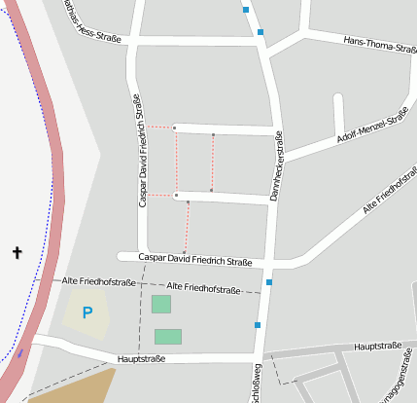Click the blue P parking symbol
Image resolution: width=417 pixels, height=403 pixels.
point(87,312)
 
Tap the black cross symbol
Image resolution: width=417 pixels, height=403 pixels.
point(17,253)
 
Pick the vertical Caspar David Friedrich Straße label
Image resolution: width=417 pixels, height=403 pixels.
point(142,151)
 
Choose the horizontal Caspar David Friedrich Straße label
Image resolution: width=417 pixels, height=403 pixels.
point(195,260)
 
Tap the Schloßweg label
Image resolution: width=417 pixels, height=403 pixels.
point(258,383)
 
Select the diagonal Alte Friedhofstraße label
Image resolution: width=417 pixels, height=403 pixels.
point(389,193)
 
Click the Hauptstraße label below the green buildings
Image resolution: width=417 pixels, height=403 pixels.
point(141,358)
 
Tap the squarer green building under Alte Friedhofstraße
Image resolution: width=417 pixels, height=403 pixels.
point(160,304)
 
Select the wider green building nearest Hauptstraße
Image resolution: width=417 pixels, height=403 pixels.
point(167,337)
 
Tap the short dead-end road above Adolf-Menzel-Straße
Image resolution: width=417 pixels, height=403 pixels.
point(338,112)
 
